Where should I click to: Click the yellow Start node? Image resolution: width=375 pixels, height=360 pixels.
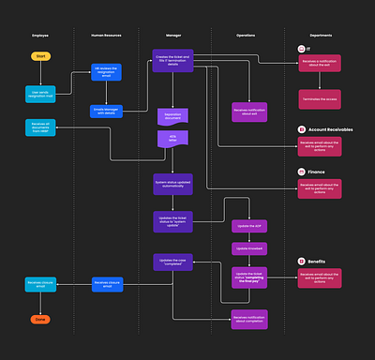point(40,57)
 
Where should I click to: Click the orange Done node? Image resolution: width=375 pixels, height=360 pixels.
point(40,319)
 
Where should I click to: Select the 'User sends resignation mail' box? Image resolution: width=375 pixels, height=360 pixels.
point(41,94)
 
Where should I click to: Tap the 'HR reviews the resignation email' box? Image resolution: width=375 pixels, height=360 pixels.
point(106,73)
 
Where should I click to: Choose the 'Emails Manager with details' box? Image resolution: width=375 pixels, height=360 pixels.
point(106,110)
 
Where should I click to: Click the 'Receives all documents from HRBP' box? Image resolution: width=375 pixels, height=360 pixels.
point(40,127)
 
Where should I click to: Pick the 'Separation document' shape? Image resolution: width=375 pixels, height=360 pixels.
point(172,115)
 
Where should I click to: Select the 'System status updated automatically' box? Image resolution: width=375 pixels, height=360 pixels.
point(172,184)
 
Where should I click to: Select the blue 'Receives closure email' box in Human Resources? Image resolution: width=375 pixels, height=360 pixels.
point(106,284)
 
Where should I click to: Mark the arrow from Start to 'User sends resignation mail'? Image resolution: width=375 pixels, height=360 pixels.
point(40,74)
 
